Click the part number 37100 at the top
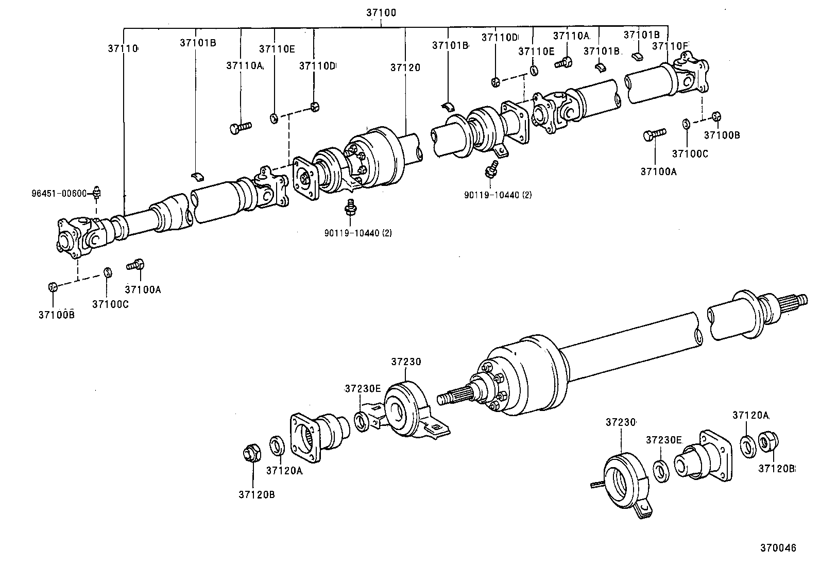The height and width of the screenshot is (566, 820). (x=381, y=12)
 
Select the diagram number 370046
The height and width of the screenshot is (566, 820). (x=778, y=548)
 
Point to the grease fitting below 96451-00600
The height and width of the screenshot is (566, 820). (x=97, y=194)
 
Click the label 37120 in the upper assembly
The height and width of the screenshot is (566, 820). (x=405, y=67)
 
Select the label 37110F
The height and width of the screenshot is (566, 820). (x=670, y=46)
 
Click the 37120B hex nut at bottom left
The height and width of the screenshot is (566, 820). (x=251, y=455)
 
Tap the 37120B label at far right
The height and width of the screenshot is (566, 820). (x=777, y=469)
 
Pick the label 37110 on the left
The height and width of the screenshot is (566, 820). (x=123, y=48)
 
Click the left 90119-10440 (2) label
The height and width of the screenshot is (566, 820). (x=358, y=233)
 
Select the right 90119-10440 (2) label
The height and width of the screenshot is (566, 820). (x=498, y=195)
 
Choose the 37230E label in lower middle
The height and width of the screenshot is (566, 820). (x=363, y=388)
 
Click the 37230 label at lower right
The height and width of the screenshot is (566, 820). (x=620, y=422)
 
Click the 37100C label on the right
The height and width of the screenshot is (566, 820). (x=690, y=153)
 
